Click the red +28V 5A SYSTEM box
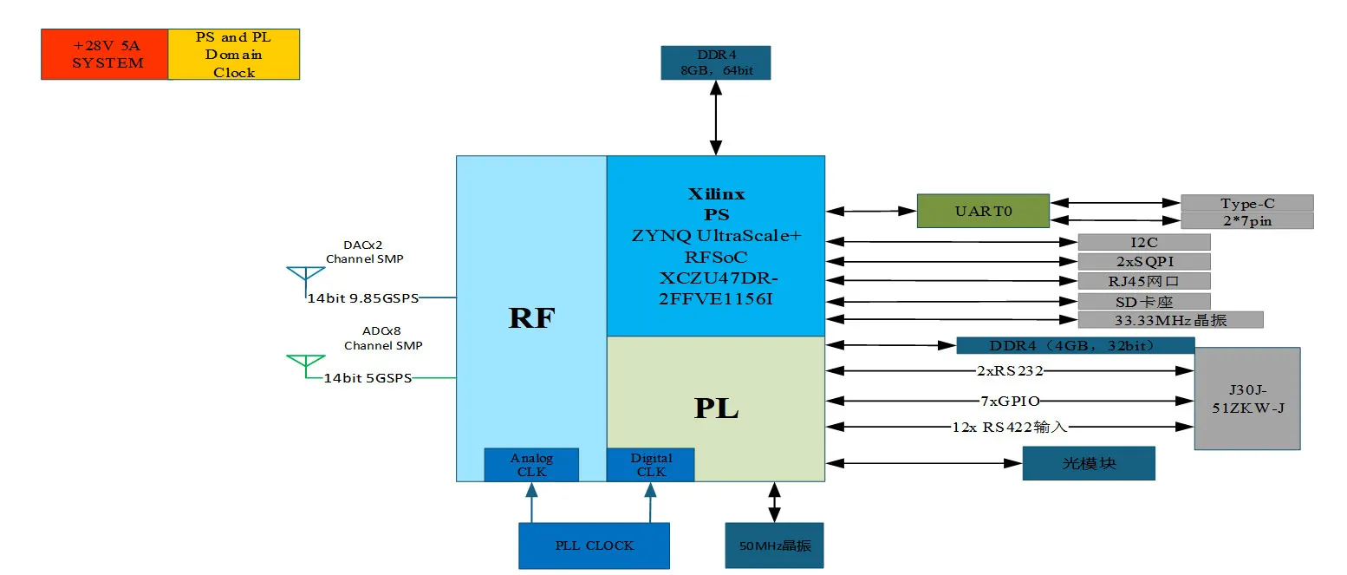(x=104, y=54)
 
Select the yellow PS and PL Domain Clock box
(x=233, y=54)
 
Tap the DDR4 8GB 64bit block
(x=714, y=62)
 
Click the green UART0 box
(x=983, y=211)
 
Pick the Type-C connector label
(x=1246, y=203)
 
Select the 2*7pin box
(x=1246, y=220)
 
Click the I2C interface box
(x=1143, y=242)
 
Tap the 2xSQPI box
(x=1143, y=261)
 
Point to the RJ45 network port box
(x=1143, y=281)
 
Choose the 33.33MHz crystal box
(x=1170, y=320)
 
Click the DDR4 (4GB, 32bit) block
(x=1075, y=345)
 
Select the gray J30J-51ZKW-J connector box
(x=1246, y=398)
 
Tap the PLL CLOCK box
(x=594, y=546)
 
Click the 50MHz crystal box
(x=773, y=546)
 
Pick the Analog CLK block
(x=530, y=465)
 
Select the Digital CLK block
(x=650, y=465)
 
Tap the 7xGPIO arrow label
(x=1005, y=401)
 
